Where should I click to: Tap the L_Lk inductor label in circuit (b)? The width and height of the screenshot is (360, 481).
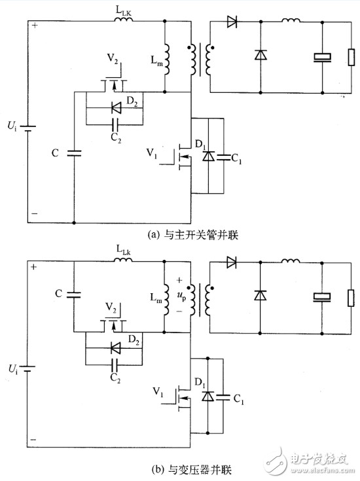pos(124,250)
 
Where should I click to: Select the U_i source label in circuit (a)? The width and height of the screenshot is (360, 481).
pos(12,126)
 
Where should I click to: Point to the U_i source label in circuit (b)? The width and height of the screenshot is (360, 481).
pos(12,368)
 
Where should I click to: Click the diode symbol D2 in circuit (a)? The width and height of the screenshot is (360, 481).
pos(116,108)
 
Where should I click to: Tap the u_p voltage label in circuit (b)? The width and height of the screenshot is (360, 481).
pos(181,296)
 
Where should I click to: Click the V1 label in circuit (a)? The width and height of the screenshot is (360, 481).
pos(152,152)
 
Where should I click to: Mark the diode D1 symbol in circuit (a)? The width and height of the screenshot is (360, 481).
pos(208,156)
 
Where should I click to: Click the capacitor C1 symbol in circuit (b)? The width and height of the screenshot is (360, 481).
pos(223,398)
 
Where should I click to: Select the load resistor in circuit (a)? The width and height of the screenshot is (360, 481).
pos(351,57)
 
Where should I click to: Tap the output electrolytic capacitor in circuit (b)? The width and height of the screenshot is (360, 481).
pos(322,297)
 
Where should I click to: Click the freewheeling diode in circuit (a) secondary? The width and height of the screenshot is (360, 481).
pos(261,55)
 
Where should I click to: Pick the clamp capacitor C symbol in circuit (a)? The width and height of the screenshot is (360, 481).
pos(74,153)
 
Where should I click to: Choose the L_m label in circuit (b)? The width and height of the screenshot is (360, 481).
pos(156,298)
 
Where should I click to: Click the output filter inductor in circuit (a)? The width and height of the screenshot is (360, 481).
pos(291,20)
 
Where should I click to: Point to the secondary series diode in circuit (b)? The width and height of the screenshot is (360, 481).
pos(232,262)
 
